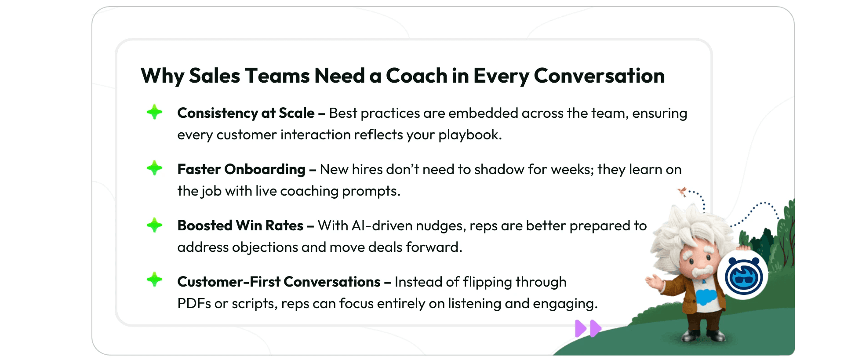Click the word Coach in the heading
pyautogui.click(x=416, y=76)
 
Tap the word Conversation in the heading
pyautogui.click(x=599, y=76)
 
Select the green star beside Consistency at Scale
pyautogui.click(x=154, y=112)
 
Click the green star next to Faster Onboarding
pyautogui.click(x=154, y=168)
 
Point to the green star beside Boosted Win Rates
pyautogui.click(x=154, y=225)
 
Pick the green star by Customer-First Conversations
pyautogui.click(x=154, y=280)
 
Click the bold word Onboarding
pyautogui.click(x=265, y=170)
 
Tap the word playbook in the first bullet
pyautogui.click(x=470, y=135)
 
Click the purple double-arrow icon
pyautogui.click(x=588, y=328)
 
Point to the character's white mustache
pyautogui.click(x=702, y=270)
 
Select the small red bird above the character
pyautogui.click(x=682, y=191)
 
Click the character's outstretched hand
pyautogui.click(x=653, y=281)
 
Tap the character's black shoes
pyautogui.click(x=702, y=336)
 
